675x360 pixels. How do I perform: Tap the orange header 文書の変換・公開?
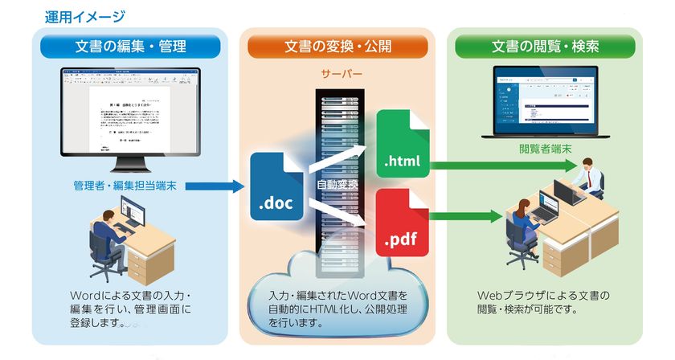pos(337,47)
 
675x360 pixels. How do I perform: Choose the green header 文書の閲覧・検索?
pos(545,47)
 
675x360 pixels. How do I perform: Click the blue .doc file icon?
pos(277,186)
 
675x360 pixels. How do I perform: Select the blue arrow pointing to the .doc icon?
pos(213,186)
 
